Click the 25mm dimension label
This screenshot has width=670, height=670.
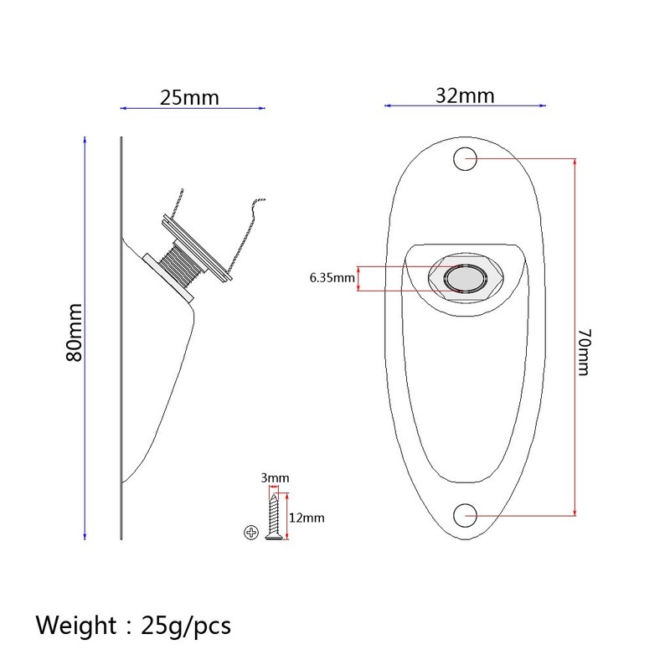[x=189, y=97]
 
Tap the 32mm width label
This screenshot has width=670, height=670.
[x=465, y=95]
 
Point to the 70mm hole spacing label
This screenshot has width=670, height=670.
[x=584, y=353]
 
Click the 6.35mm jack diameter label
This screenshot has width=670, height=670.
[x=332, y=278]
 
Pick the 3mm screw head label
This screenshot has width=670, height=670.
[x=275, y=478]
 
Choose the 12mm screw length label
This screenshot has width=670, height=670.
[x=307, y=518]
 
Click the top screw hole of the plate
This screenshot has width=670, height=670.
[x=465, y=159]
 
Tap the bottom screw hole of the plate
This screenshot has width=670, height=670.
[x=465, y=513]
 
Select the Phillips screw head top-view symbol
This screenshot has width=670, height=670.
[x=250, y=532]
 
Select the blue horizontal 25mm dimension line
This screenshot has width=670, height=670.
[x=193, y=108]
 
